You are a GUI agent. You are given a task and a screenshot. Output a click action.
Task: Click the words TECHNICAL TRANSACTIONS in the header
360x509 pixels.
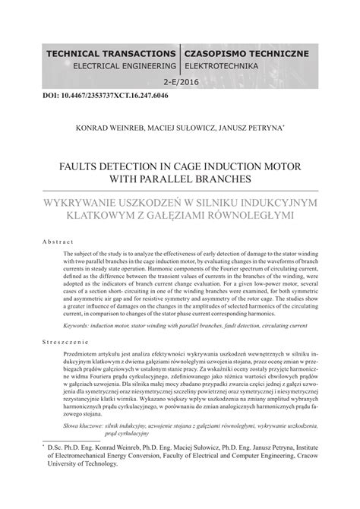pyautogui.click(x=111, y=55)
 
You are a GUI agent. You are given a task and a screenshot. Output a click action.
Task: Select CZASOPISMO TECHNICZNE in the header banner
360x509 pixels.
pyautogui.click(x=245, y=55)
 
